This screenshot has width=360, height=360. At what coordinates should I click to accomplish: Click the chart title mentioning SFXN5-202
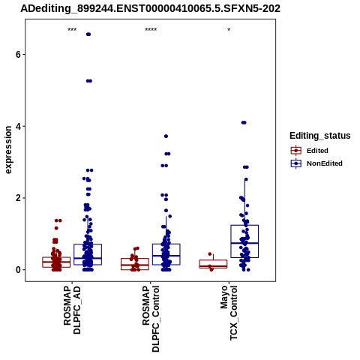click(x=150, y=8)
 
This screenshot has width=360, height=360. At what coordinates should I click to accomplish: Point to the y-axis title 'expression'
click(x=8, y=150)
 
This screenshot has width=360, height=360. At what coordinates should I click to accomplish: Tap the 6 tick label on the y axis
click(x=18, y=55)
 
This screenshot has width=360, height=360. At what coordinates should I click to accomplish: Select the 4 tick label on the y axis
click(x=18, y=126)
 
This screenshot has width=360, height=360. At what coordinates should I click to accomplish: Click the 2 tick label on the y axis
click(x=18, y=198)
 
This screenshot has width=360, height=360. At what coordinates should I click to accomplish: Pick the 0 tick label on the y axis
click(x=18, y=270)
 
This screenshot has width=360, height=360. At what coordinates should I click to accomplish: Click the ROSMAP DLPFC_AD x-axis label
click(x=72, y=310)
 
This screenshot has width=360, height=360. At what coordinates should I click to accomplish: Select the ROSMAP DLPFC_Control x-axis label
click(x=151, y=319)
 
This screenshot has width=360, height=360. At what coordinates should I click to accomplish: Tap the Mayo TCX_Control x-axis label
click(x=229, y=313)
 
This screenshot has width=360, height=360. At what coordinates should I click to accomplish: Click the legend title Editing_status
click(x=320, y=136)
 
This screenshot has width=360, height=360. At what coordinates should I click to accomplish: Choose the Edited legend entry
click(x=310, y=151)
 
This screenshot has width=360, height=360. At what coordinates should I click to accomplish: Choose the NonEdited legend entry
click(x=316, y=163)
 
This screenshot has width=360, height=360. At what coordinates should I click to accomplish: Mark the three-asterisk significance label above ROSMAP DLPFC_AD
click(x=72, y=30)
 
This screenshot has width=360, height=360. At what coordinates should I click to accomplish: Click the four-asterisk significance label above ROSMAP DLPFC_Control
click(x=151, y=30)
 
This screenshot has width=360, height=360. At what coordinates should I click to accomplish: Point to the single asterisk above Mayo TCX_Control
click(x=229, y=29)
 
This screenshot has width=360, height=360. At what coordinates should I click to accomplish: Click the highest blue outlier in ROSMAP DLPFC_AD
click(x=88, y=34)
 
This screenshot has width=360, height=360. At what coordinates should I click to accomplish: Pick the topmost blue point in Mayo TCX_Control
click(x=244, y=122)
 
